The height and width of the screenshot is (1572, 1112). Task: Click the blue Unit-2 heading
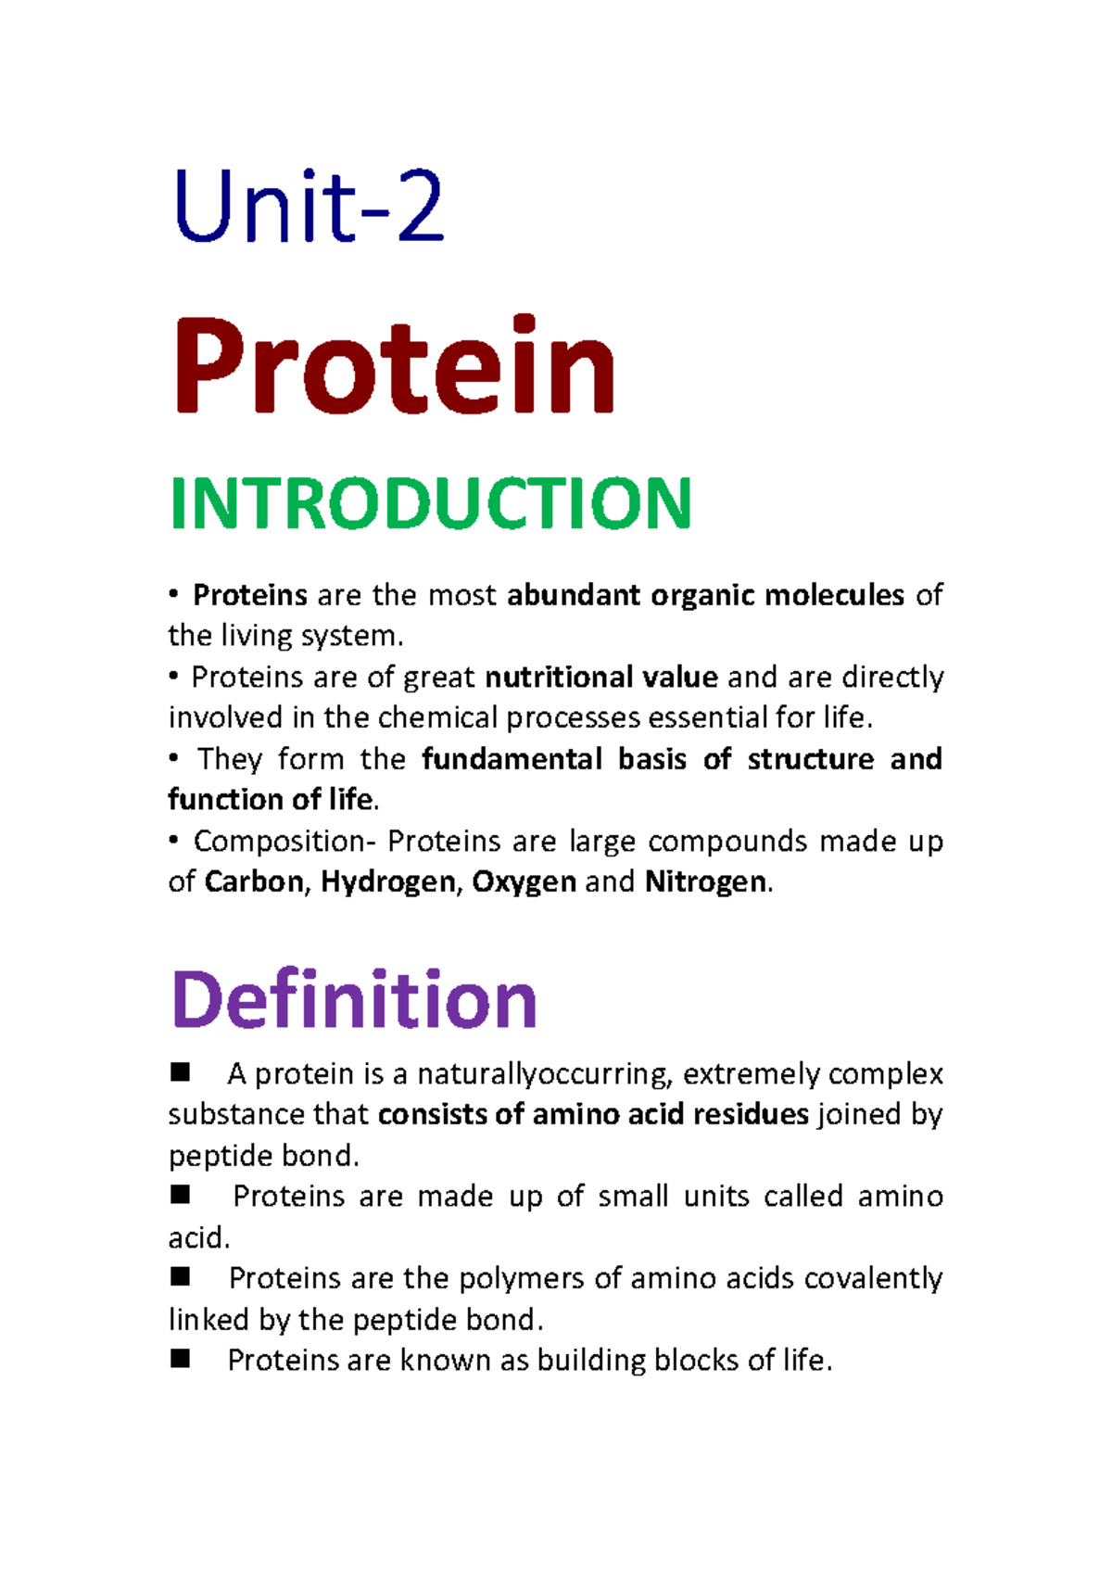point(309,206)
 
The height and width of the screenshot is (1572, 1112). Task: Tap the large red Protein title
point(394,365)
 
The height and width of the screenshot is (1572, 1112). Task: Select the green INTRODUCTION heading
point(431,503)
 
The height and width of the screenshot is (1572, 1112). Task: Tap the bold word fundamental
point(512,759)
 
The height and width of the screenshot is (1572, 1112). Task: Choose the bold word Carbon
point(254,882)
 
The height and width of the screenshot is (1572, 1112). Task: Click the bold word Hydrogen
point(388,883)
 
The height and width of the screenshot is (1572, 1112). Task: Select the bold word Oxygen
point(524,883)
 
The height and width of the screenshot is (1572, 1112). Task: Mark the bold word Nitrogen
point(705,883)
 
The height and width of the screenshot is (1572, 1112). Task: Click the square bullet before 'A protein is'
point(181,1072)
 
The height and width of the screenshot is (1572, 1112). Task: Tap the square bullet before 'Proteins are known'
point(181,1360)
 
